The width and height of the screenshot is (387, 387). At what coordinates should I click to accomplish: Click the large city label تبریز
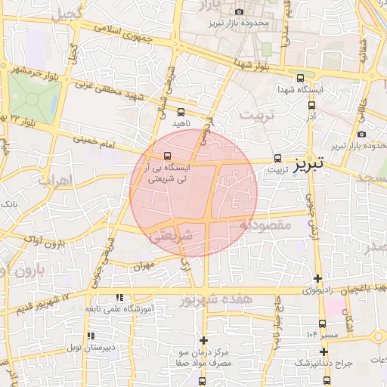coord(308,163)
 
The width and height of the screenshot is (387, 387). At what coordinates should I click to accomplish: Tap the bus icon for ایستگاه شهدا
coord(301,78)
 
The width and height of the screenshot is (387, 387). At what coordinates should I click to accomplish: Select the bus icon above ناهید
coord(180,111)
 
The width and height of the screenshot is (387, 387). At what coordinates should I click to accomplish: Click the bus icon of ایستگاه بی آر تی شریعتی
coord(167,157)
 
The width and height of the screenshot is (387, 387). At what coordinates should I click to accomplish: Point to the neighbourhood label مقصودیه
coord(265,224)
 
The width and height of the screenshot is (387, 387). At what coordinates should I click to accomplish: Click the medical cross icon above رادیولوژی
coord(317,278)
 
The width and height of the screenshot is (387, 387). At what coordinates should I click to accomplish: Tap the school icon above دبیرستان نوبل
coord(90,335)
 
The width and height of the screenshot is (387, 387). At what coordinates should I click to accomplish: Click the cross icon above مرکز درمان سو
coord(203,340)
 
